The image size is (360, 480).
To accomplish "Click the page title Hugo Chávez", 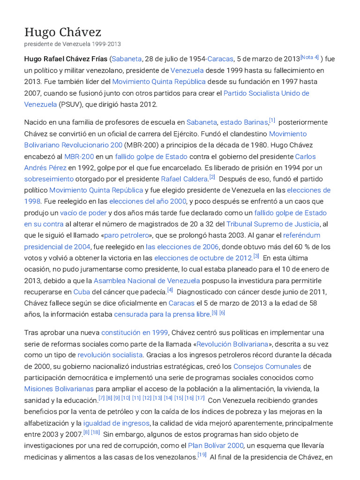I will tap(63, 32).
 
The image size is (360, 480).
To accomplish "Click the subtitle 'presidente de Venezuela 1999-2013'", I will tap(72, 44).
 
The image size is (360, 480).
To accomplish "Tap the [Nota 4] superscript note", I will tap(309, 57).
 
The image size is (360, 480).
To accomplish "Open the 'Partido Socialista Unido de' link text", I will tap(266, 93).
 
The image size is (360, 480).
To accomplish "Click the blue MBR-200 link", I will tap(79, 156).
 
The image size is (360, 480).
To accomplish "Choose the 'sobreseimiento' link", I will tap(49, 179).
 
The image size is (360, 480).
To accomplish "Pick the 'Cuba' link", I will tap(82, 292).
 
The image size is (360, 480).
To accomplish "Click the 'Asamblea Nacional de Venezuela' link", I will tap(147, 280).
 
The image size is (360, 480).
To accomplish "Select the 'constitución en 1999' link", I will tap(135, 332).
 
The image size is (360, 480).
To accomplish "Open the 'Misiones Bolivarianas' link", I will tap(59, 389).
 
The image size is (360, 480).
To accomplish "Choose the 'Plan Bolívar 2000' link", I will tap(216, 445).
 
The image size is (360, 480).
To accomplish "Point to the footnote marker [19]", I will tap(202, 455).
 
